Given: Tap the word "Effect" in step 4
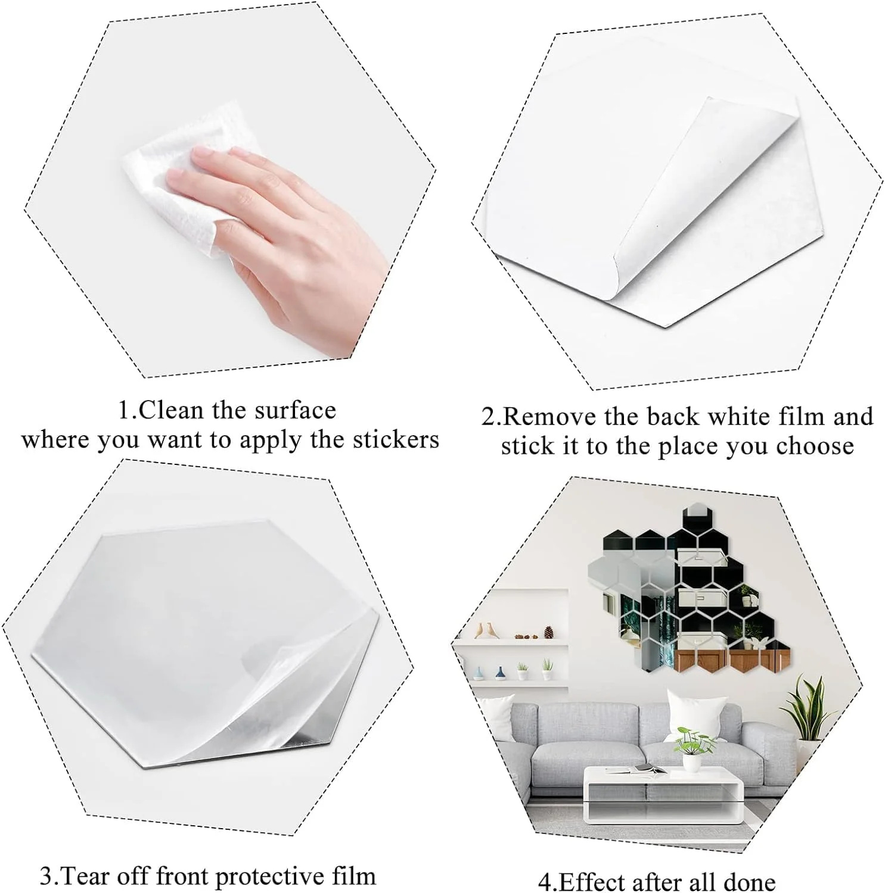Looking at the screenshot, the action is [588, 882].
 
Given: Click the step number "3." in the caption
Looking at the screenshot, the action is [50, 876].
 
